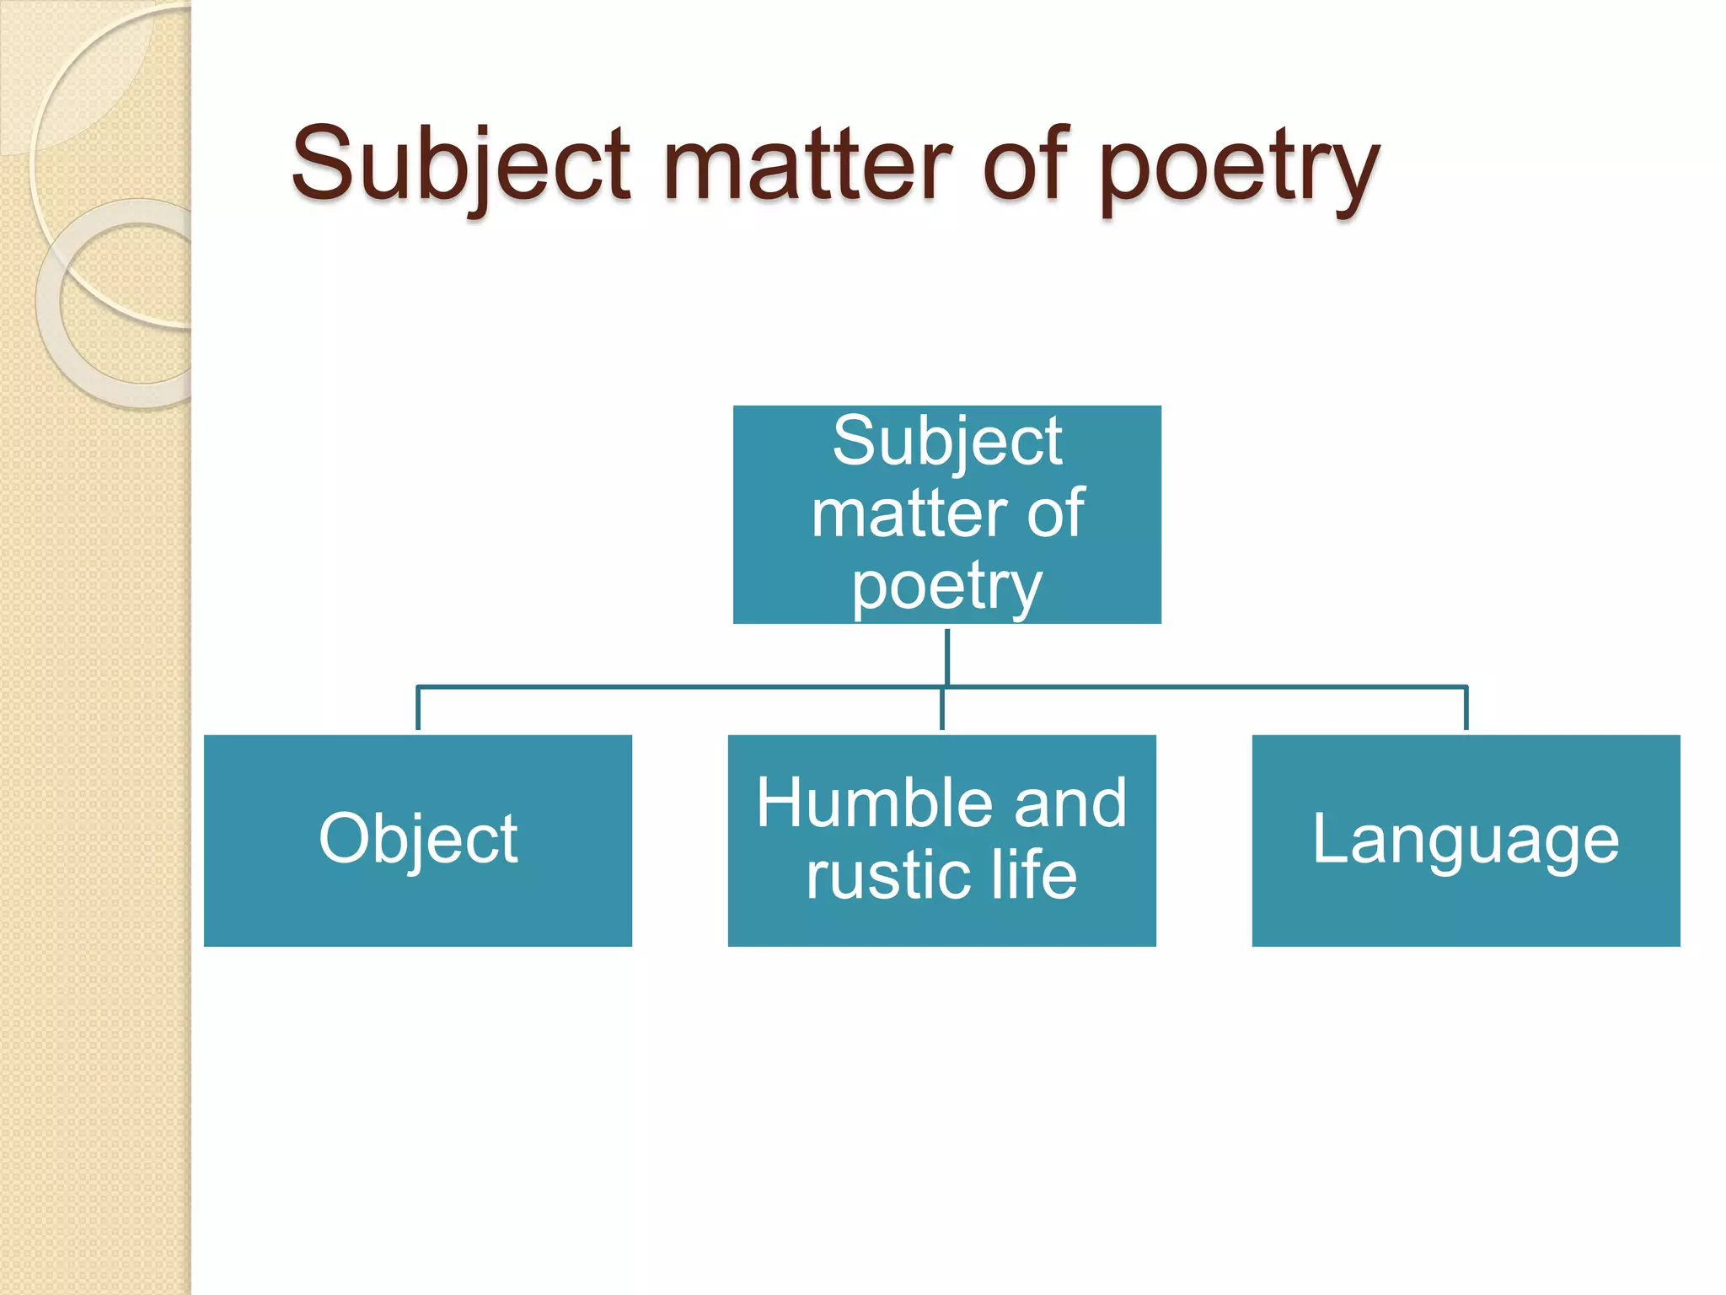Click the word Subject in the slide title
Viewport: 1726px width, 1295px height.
(x=460, y=164)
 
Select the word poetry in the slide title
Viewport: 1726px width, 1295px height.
(x=1239, y=169)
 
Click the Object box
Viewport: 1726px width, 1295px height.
(x=418, y=841)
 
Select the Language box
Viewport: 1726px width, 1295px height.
(x=1466, y=841)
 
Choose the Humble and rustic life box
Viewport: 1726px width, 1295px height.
(x=941, y=841)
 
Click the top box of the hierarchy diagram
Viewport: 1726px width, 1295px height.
(x=946, y=514)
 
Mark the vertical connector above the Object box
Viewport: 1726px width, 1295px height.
(x=418, y=708)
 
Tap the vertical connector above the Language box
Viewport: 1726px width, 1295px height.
(x=1466, y=708)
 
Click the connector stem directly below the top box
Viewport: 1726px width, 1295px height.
(x=947, y=655)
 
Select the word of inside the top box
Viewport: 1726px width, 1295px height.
(x=1055, y=514)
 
